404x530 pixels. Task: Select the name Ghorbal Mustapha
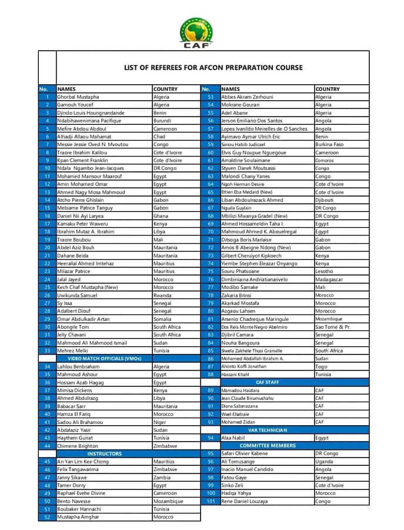coord(78,97)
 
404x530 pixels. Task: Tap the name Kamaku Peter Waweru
coord(82,224)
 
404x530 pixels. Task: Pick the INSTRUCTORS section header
coord(105,453)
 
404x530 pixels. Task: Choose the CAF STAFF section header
coord(268,382)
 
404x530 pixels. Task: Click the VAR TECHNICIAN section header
coord(268,430)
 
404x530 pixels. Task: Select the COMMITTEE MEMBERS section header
coord(268,446)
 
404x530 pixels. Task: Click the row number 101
coord(211,501)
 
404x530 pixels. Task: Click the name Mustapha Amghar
coord(78,517)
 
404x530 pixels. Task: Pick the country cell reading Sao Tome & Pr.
coord(333,327)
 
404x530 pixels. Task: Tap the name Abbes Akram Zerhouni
coord(247,97)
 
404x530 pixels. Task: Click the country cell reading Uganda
coord(325,462)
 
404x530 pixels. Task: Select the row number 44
coord(47,446)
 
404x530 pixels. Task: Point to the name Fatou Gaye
coord(233,477)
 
